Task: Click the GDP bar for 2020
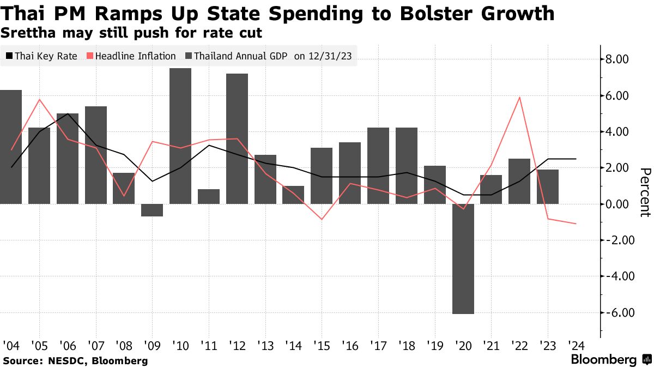[x=463, y=259]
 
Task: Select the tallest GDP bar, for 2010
[x=180, y=136]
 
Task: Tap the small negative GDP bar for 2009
[x=152, y=210]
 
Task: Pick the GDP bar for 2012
[x=237, y=139]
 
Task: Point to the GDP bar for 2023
[x=548, y=186]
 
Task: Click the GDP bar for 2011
[x=209, y=197]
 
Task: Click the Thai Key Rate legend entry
[x=42, y=56]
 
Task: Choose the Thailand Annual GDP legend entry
[x=237, y=56]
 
